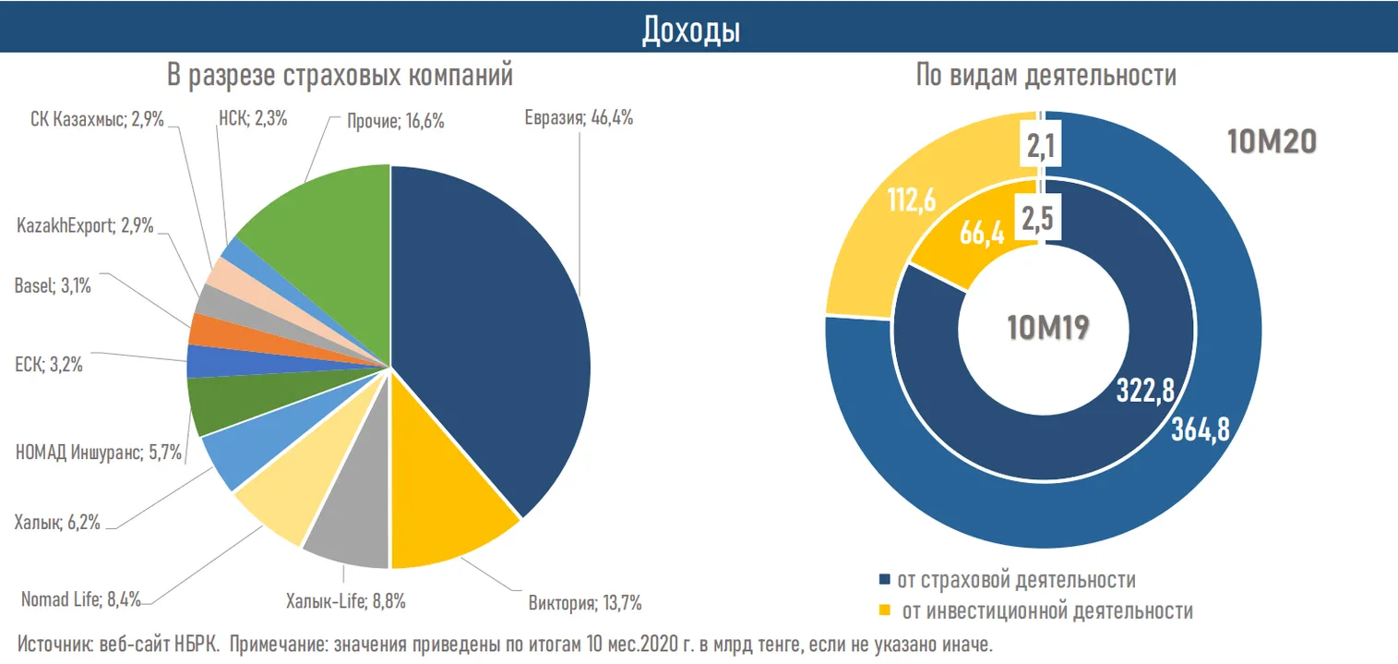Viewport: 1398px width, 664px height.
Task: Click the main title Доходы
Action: (x=691, y=30)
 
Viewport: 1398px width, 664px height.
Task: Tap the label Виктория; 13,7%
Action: (x=585, y=605)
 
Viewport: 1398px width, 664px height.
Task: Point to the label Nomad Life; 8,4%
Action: (x=81, y=599)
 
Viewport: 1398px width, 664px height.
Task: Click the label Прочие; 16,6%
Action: (x=396, y=120)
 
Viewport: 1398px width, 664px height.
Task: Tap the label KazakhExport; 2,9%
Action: (x=84, y=225)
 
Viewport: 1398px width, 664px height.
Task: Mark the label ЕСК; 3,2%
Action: (x=49, y=365)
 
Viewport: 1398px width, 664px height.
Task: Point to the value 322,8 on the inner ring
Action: (x=1143, y=391)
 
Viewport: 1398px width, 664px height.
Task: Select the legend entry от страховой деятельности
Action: (x=1015, y=580)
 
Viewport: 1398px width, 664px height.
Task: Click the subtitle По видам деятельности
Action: (x=1046, y=76)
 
